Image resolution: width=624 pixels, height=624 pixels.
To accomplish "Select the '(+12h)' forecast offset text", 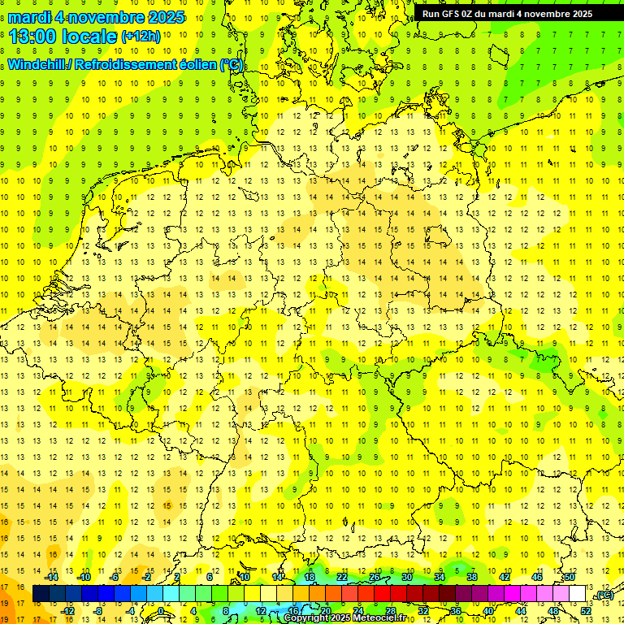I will [x=141, y=37].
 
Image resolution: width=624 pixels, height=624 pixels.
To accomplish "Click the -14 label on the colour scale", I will [x=54, y=577].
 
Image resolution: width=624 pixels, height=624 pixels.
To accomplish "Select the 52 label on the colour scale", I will [x=586, y=610].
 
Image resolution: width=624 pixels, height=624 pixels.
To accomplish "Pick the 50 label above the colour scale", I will [x=570, y=577].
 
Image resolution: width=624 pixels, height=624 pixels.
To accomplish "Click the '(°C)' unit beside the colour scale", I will [x=604, y=594].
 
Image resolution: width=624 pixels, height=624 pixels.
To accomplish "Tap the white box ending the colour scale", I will [x=578, y=594].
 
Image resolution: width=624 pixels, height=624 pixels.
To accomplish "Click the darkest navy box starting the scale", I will [x=41, y=594].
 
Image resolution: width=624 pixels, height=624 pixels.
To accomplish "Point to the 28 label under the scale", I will [x=390, y=610].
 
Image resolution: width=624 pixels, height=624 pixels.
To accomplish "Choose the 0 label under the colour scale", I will [x=161, y=610].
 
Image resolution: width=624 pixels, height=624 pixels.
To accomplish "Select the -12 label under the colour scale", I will [x=69, y=610].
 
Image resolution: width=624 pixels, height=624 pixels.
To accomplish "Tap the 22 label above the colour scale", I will [x=342, y=577].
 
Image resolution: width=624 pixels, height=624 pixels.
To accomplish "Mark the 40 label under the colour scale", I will [x=488, y=610].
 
